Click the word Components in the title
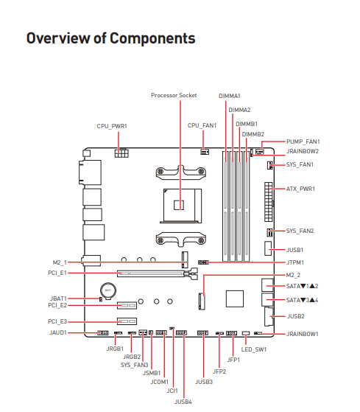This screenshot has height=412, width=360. click(152, 38)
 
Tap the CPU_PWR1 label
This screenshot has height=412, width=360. click(112, 126)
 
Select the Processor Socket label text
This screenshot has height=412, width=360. click(174, 95)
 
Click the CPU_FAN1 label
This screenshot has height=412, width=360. click(202, 125)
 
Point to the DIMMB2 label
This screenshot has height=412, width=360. click(253, 134)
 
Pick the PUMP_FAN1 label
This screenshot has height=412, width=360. click(303, 142)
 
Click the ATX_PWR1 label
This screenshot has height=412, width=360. click(300, 189)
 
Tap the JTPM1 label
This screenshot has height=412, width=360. click(295, 262)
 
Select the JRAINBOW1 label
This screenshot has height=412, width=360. click(303, 334)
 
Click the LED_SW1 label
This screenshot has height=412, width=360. click(254, 349)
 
